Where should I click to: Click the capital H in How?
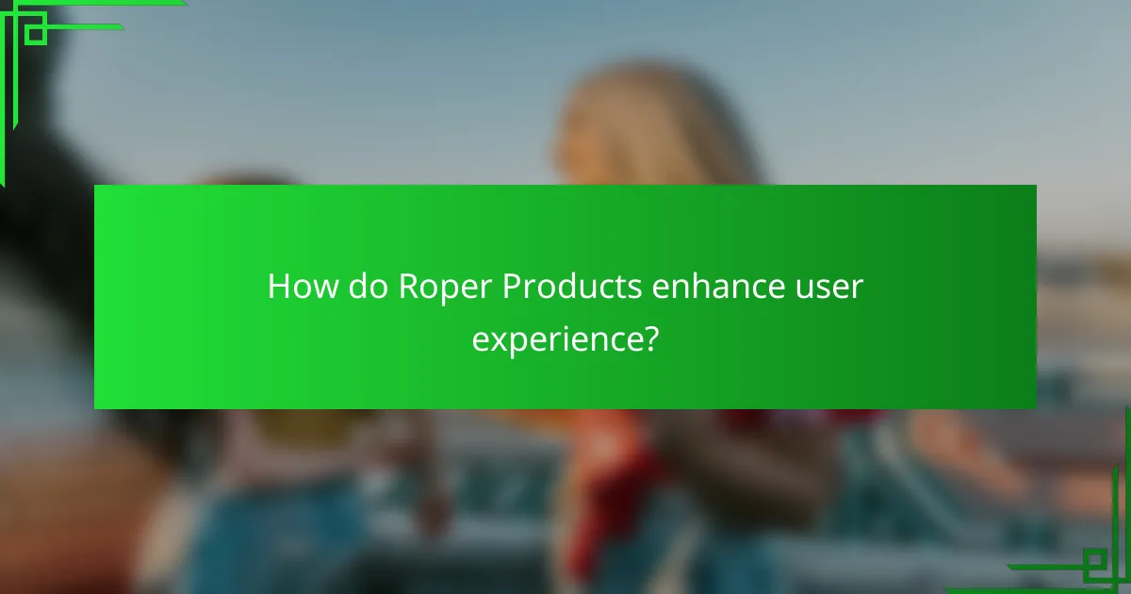click(x=277, y=287)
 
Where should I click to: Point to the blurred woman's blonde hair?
click(x=650, y=123)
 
